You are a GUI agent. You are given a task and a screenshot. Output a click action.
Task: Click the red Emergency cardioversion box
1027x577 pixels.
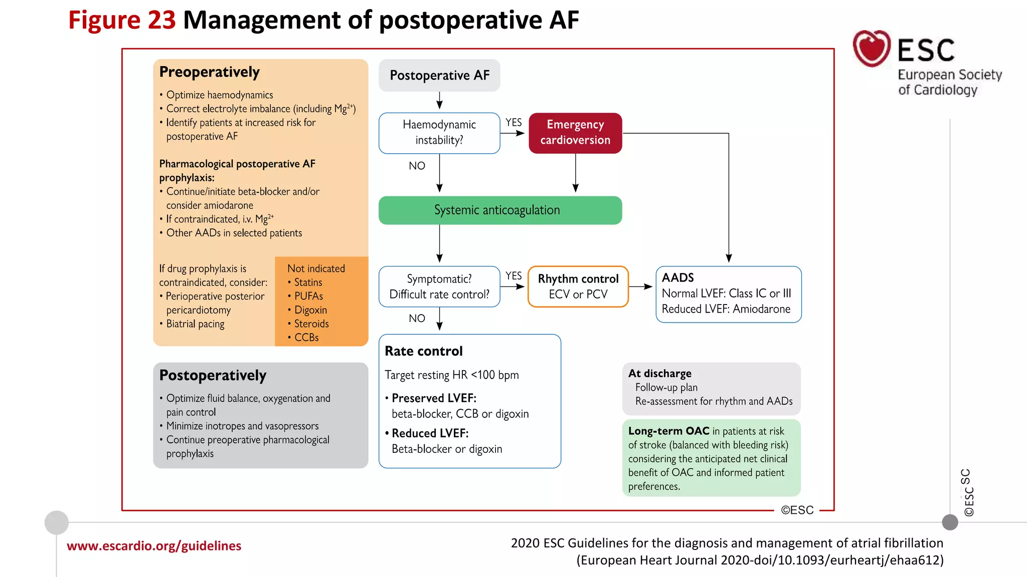pyautogui.click(x=575, y=133)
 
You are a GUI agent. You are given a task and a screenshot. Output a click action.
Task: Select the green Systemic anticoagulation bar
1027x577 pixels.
pyautogui.click(x=500, y=210)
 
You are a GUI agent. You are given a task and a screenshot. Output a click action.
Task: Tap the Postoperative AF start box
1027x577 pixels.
pyautogui.click(x=439, y=75)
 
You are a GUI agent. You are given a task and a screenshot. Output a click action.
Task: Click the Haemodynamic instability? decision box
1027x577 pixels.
pyautogui.click(x=439, y=133)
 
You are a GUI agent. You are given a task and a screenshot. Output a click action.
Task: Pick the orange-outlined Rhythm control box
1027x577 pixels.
pyautogui.click(x=578, y=286)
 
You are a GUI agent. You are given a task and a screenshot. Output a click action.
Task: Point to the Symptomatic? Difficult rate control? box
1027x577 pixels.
pyautogui.click(x=439, y=286)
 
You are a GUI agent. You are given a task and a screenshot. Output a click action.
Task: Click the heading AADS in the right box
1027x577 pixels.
pyautogui.click(x=678, y=277)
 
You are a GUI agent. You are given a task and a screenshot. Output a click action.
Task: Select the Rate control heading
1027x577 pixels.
pyautogui.click(x=424, y=351)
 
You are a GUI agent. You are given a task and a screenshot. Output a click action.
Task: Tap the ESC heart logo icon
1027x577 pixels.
pyautogui.click(x=872, y=49)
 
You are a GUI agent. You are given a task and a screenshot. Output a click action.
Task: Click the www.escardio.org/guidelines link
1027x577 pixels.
pyautogui.click(x=154, y=546)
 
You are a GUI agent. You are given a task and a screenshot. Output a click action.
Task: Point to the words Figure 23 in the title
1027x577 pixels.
pyautogui.click(x=122, y=20)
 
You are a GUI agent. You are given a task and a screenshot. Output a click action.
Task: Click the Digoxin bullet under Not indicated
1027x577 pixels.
pyautogui.click(x=310, y=310)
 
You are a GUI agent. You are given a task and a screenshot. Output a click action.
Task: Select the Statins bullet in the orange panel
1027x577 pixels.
pyautogui.click(x=308, y=282)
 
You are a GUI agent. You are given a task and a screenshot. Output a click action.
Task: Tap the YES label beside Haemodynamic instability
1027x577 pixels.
pyautogui.click(x=513, y=122)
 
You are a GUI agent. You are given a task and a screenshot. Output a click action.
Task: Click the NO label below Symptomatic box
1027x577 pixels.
pyautogui.click(x=417, y=319)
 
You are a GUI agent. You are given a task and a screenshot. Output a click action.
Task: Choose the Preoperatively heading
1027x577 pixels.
pyautogui.click(x=209, y=72)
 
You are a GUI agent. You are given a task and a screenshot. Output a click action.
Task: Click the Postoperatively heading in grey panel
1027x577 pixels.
pyautogui.click(x=213, y=376)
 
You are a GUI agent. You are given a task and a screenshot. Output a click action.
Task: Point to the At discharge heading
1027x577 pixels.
pyautogui.click(x=660, y=373)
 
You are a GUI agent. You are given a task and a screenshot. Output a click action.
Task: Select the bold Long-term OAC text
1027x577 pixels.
pyautogui.click(x=668, y=431)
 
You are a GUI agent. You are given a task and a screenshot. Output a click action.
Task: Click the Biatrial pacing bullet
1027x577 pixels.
pyautogui.click(x=195, y=324)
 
